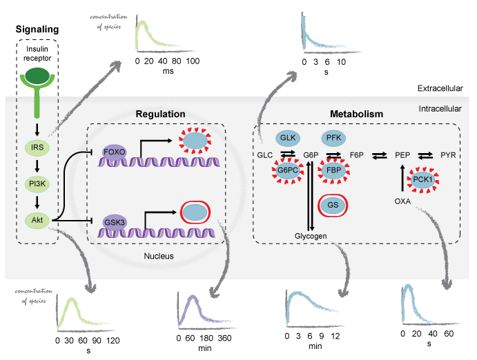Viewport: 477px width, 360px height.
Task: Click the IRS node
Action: (37, 147)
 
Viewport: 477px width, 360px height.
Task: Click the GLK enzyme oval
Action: (286, 138)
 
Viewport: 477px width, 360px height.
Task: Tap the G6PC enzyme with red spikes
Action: (286, 170)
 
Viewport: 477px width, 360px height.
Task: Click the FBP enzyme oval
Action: (333, 170)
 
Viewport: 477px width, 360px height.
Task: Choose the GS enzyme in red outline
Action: (333, 206)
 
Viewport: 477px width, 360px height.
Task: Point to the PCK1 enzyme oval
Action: (423, 181)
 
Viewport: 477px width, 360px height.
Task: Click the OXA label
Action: (402, 201)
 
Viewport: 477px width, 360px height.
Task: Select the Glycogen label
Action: (310, 236)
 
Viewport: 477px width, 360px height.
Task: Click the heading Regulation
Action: (160, 114)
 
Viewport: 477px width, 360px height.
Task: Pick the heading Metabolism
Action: (357, 114)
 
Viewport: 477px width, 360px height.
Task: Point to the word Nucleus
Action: (159, 256)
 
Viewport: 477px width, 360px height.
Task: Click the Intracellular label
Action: (440, 110)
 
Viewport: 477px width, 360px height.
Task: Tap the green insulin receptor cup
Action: (37, 81)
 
